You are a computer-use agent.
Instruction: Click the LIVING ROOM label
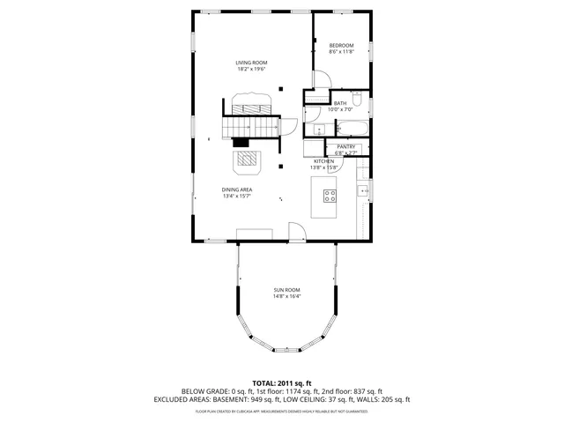(251, 63)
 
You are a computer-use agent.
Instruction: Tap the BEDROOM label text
(341, 45)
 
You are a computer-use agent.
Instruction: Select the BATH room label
(339, 103)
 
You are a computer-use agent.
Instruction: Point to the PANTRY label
(345, 146)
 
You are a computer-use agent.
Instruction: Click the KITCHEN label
(323, 162)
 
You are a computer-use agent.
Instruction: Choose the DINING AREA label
(237, 189)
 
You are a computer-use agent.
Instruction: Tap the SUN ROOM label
(286, 290)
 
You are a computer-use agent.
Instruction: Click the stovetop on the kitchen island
(330, 196)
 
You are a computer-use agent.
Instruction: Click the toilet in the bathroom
(358, 100)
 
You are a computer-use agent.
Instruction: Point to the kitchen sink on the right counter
(361, 191)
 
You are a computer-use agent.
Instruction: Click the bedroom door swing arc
(323, 78)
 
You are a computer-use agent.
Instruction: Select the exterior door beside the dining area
(298, 233)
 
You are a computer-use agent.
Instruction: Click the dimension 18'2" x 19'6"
(251, 70)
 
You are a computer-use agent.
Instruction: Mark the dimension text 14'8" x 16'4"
(286, 297)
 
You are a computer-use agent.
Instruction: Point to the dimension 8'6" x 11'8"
(341, 52)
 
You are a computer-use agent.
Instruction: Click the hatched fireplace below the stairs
(248, 161)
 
